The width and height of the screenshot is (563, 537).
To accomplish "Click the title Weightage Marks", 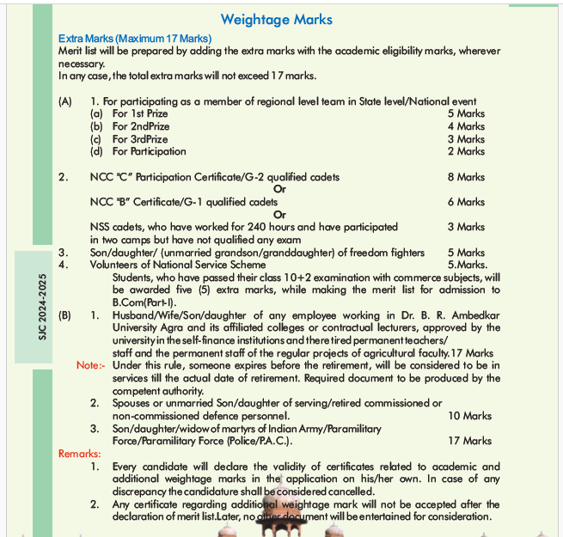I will point(276,19).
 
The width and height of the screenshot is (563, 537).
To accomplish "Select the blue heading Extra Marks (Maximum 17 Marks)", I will point(135,39).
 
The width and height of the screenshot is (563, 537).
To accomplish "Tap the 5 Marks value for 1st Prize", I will point(466,113).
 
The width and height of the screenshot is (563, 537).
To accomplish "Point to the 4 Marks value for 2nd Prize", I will point(466,126).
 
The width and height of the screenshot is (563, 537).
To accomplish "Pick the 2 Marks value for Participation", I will point(466,151).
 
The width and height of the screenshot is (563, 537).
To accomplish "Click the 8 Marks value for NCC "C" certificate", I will point(466,177).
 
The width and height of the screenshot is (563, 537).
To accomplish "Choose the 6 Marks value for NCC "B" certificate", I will point(466,202).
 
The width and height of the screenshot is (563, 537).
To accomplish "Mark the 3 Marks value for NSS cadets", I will point(466,227).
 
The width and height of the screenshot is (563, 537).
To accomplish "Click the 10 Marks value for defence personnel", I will point(470,416).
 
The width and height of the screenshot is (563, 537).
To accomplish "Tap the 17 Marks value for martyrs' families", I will point(470,441).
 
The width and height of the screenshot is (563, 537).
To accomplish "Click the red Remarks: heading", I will point(79,454).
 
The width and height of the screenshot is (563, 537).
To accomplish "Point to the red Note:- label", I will point(90,365).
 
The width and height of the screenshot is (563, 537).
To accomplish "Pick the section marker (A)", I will point(65,101).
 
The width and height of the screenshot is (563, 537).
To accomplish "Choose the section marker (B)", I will point(65,315).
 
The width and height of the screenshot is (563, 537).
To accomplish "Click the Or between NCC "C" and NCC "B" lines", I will point(278,189).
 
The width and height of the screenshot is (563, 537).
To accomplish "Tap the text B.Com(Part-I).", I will point(144,302).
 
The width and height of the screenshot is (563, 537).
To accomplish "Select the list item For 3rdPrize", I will point(140,139).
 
